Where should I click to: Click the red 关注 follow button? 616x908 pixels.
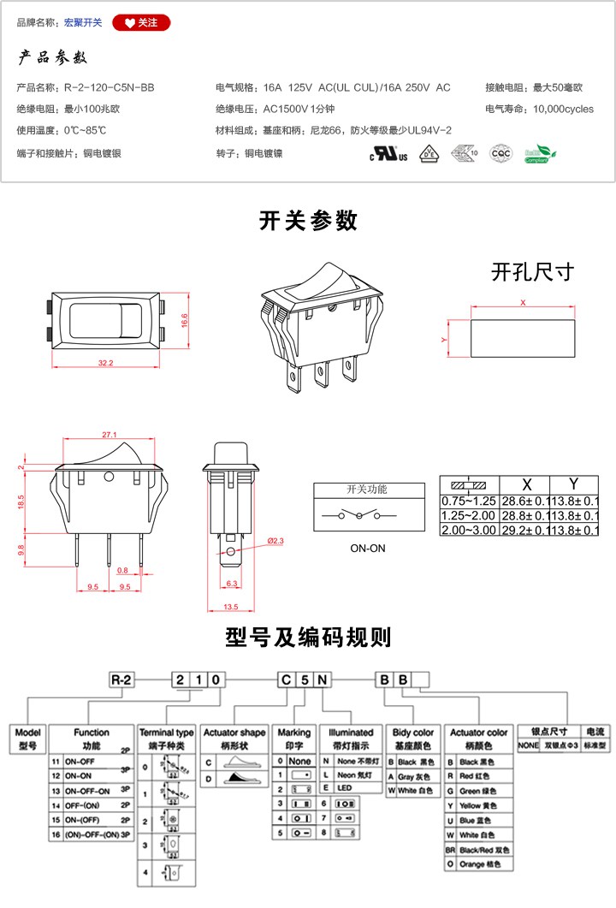tap(141, 23)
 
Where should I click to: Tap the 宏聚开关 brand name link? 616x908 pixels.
tap(83, 23)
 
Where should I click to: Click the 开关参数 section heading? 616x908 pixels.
tap(308, 221)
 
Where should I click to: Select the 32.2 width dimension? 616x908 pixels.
tap(105, 363)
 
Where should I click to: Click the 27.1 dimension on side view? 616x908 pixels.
tap(109, 435)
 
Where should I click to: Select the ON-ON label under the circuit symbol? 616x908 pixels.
tap(368, 548)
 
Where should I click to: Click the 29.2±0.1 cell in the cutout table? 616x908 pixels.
tap(524, 531)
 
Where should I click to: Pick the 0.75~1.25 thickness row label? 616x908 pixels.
tap(468, 500)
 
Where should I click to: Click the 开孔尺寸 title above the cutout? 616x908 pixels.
tap(532, 273)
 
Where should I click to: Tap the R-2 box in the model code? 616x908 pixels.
tap(122, 680)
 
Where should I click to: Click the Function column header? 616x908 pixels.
tap(92, 733)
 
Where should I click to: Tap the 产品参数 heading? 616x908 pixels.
tap(53, 58)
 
